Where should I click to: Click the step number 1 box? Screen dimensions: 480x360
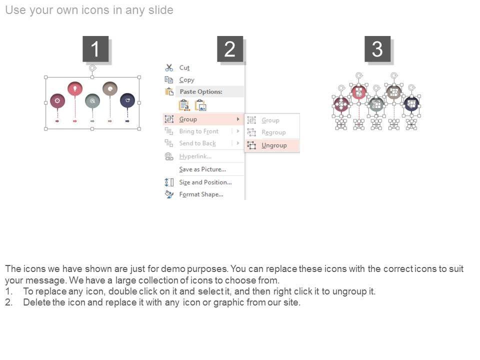coord(95,48)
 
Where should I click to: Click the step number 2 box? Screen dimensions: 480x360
coord(230,48)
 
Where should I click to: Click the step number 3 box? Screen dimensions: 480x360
coord(377,48)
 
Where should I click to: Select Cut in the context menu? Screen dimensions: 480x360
coord(184,67)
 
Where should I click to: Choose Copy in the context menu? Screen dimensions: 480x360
coord(186,80)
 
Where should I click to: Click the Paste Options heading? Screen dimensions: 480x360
coord(201,91)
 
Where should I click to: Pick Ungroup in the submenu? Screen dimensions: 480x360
coord(274,145)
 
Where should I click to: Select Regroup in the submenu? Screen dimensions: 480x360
coord(273,132)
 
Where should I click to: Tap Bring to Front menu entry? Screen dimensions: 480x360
coord(198,131)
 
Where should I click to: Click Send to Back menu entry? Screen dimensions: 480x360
coord(197,143)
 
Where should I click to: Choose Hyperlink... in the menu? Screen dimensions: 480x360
coord(195,156)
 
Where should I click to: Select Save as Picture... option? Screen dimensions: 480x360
coord(202,169)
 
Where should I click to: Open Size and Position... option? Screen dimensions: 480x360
coord(205,182)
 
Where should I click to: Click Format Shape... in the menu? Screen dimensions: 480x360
coord(201,194)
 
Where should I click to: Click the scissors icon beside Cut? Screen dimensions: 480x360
coord(169,67)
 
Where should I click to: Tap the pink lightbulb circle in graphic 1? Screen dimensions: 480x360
coord(75,89)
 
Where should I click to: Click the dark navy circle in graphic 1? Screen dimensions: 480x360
coord(127,100)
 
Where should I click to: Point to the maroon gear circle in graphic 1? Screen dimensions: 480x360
coord(57,100)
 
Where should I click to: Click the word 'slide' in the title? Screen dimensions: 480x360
coord(160,10)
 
